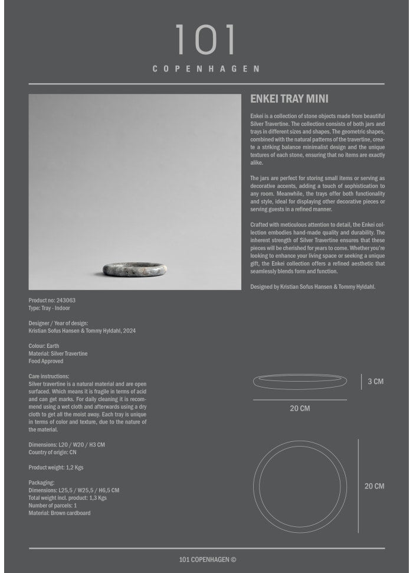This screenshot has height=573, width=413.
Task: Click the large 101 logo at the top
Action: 206,40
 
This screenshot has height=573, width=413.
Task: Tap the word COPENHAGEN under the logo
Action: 206,69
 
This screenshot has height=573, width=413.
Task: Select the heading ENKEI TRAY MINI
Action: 289,99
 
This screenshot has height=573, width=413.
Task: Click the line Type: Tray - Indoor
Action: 49,308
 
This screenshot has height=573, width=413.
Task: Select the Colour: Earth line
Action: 44,346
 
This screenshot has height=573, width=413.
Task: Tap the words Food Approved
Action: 46,362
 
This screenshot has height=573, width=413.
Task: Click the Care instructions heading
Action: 49,376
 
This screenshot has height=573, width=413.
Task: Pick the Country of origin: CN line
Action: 53,452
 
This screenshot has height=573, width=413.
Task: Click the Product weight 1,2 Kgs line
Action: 56,468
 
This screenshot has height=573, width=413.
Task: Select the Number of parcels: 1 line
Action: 53,506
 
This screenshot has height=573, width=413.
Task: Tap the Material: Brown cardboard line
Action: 60,513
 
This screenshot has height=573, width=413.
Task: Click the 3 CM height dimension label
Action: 375,382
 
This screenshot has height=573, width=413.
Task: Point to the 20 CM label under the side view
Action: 300,409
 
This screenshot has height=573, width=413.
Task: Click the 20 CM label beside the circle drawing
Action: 374,486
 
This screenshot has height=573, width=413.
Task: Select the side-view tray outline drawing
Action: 300,382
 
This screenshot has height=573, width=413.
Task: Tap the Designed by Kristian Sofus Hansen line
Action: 313,286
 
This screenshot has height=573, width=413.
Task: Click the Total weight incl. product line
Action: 68,498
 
